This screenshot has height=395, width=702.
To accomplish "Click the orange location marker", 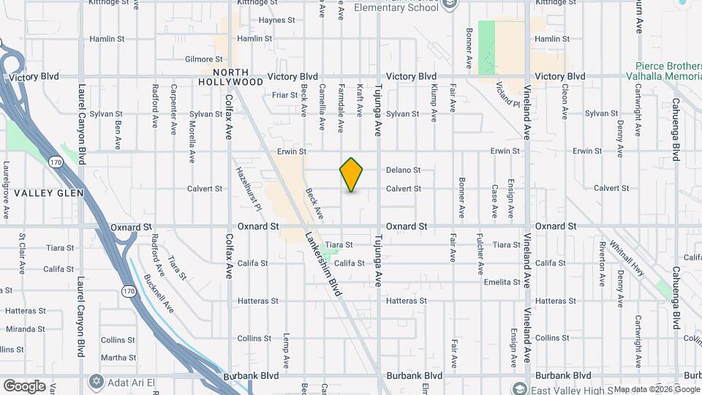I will coord(352,175).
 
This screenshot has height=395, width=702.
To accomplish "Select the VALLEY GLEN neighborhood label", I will coord(49,193).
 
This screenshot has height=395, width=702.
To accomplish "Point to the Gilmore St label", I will coord(203,59).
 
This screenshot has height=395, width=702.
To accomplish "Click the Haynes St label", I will coord(276,20).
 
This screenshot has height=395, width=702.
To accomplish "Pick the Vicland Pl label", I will coord(507,94).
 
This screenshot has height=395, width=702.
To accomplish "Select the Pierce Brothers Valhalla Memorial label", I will coord(663,70).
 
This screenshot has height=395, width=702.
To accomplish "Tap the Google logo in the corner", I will coord(24,386).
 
